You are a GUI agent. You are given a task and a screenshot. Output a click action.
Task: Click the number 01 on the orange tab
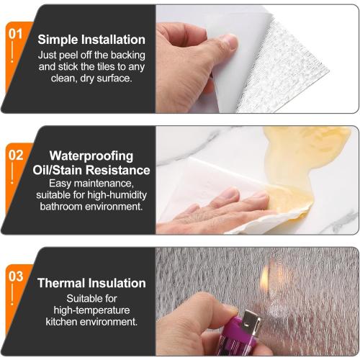pyautogui.click(x=15, y=33)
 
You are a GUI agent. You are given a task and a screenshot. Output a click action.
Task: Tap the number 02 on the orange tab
pyautogui.click(x=15, y=154)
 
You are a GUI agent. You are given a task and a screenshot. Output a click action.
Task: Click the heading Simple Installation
pyautogui.click(x=91, y=40)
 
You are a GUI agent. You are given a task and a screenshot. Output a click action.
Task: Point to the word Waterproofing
pyautogui.click(x=91, y=155)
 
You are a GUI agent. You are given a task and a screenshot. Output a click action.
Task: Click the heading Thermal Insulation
pyautogui.click(x=91, y=283)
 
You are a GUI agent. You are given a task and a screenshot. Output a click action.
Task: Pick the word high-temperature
pyautogui.click(x=91, y=310)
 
